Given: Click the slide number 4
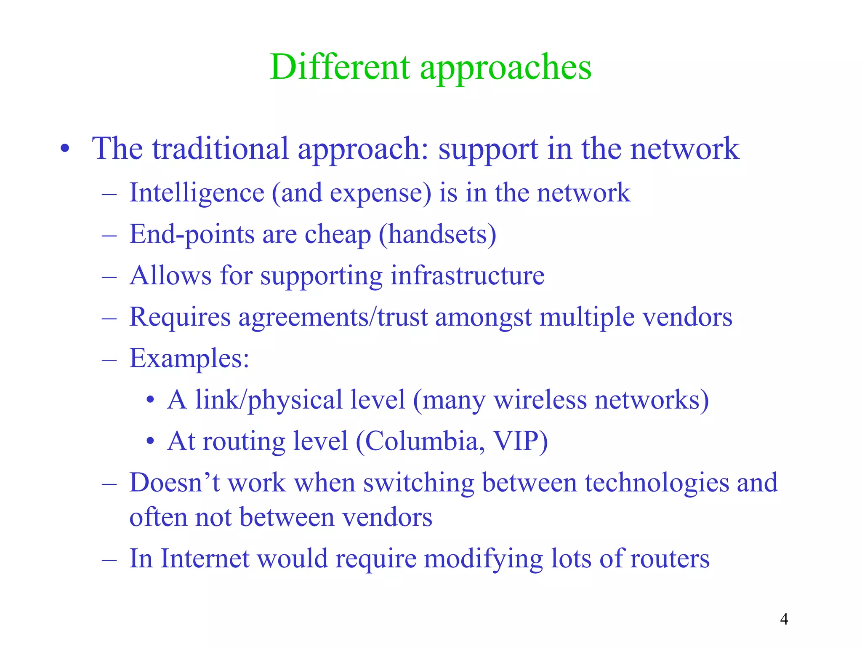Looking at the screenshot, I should [784, 619].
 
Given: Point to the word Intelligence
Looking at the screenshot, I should [197, 193].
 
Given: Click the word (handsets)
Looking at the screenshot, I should [437, 235].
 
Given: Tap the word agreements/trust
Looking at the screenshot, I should [333, 318].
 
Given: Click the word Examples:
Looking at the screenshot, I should [189, 359].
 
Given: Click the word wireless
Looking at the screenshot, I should [540, 400].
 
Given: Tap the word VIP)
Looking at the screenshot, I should [520, 441].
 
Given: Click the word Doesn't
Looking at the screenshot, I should [175, 483].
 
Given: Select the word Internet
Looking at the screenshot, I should [205, 559].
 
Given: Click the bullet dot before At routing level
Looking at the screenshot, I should [150, 441].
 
